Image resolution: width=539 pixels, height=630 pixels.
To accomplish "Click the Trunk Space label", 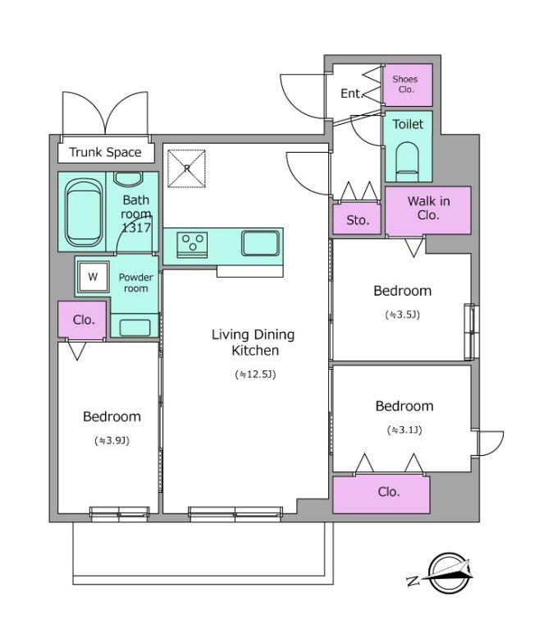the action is [105, 152].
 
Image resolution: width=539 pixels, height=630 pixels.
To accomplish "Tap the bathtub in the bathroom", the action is [84, 213].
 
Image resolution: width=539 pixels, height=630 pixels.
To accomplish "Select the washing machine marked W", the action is [93, 277].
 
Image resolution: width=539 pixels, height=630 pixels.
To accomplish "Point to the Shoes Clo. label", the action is [405, 85].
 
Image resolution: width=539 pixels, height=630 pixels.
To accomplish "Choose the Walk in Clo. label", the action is [428, 208].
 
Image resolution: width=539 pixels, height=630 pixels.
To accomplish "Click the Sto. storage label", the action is [358, 220].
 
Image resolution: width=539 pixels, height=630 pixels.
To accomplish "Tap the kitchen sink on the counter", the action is [260, 243].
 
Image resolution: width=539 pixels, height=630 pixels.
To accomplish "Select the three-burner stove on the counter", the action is [192, 244].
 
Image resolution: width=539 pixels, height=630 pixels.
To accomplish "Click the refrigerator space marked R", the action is [186, 168].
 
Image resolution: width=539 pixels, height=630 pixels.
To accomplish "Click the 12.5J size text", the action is [255, 375].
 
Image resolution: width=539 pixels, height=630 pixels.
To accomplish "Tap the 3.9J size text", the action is [112, 441].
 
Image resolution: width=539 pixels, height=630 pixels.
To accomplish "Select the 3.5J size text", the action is [403, 315].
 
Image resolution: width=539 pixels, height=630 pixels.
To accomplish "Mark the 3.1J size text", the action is [404, 430].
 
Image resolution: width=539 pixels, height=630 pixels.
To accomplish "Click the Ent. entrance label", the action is [352, 94].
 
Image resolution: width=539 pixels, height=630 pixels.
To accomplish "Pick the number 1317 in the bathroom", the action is [136, 228].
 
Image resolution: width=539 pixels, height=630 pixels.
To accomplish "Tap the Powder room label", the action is [135, 283].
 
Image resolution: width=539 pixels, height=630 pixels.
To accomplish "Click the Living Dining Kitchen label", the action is [254, 343].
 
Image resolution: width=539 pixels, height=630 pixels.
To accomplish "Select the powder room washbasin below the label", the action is [135, 328].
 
